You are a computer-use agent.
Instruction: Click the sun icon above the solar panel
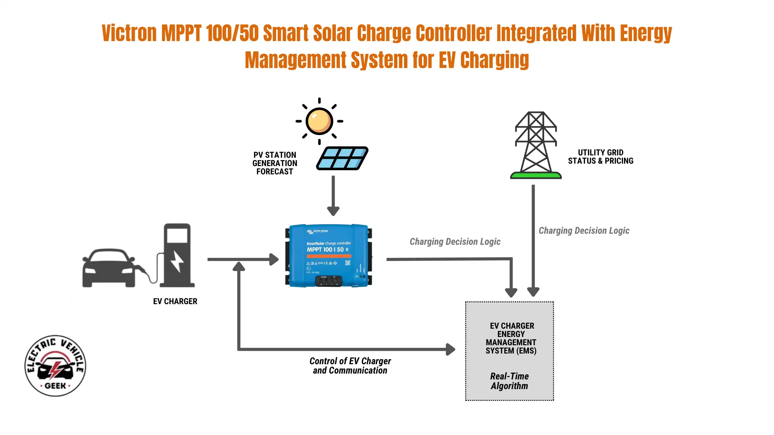click(319, 121)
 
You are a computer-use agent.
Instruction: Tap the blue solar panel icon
click(342, 158)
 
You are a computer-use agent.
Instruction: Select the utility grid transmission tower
click(536, 145)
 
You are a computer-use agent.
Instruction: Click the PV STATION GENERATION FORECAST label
click(275, 163)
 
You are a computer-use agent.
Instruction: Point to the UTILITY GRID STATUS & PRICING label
click(601, 157)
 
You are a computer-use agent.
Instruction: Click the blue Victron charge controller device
click(328, 255)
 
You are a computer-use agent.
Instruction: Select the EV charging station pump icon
click(177, 255)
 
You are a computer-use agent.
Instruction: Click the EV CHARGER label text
click(175, 301)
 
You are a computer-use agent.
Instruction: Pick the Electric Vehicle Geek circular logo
click(55, 366)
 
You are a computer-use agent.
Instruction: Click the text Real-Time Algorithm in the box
click(509, 381)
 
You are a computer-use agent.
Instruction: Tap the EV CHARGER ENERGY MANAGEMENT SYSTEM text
click(511, 338)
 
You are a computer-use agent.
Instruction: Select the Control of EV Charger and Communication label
click(350, 366)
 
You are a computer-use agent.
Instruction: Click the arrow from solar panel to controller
click(333, 195)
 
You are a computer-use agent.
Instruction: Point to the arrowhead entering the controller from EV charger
click(274, 259)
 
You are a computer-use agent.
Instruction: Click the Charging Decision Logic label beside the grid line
click(584, 231)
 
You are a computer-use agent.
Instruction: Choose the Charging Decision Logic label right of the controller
click(455, 242)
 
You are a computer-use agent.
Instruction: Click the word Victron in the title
click(129, 33)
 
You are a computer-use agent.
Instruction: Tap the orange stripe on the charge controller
click(329, 256)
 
